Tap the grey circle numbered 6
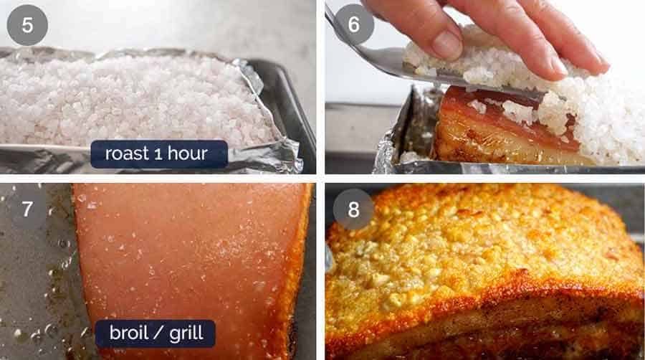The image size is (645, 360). pos(353,24)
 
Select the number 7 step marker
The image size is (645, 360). pos(27,209)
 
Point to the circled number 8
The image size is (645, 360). pos(353,209)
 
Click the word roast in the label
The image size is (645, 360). pos(127,153)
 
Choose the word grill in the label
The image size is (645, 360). pos(185,333)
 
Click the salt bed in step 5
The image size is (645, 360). pos(129,93)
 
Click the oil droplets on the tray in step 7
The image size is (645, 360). pos(43,287)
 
